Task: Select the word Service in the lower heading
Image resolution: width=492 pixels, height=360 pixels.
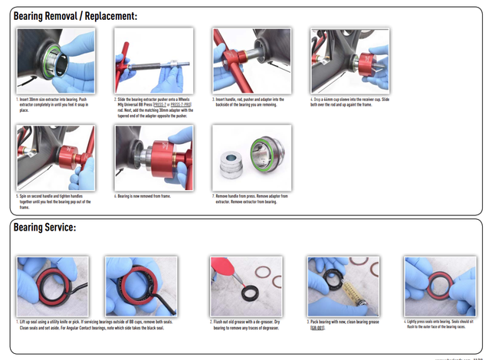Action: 59,227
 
